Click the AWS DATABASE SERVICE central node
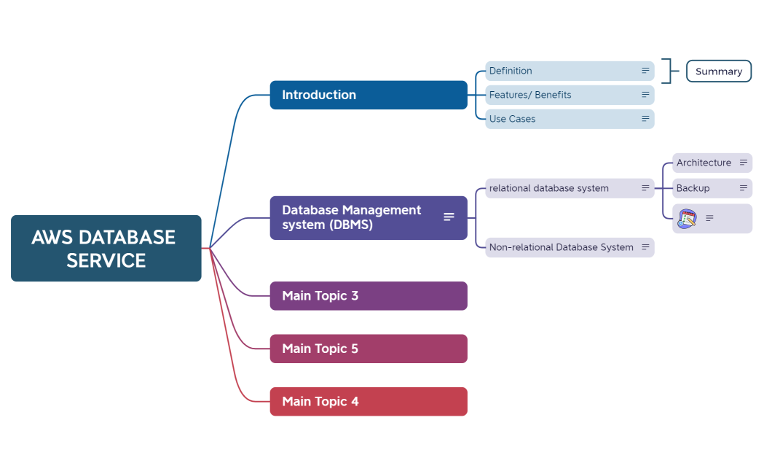(x=106, y=248)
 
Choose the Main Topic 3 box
(x=368, y=296)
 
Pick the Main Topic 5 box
(x=368, y=349)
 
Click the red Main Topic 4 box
(x=368, y=402)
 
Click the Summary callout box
(x=718, y=71)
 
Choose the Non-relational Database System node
(x=562, y=247)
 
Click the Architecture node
(x=704, y=163)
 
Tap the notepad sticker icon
(x=688, y=218)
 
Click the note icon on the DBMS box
(x=449, y=217)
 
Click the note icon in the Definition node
(x=645, y=71)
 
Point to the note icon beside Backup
(x=744, y=188)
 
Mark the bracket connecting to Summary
(x=667, y=71)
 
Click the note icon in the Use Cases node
(x=645, y=119)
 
